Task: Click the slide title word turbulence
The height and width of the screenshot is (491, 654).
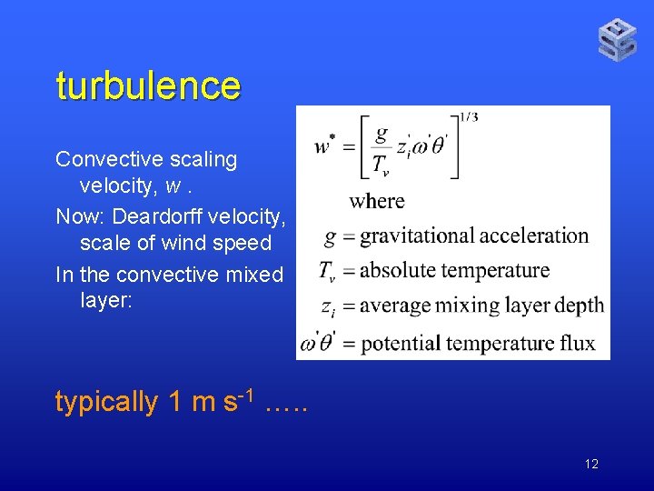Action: point(148,85)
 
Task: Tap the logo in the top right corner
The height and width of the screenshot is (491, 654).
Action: point(618,40)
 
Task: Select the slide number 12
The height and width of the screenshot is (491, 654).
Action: point(591,465)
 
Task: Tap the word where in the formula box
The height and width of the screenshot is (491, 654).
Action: point(377,201)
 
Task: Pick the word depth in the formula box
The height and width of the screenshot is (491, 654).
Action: point(580,306)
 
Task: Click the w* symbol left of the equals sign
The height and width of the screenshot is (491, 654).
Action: point(324,145)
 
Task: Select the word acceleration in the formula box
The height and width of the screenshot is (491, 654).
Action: point(534,236)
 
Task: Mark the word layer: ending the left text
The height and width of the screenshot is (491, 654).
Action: point(106,301)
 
